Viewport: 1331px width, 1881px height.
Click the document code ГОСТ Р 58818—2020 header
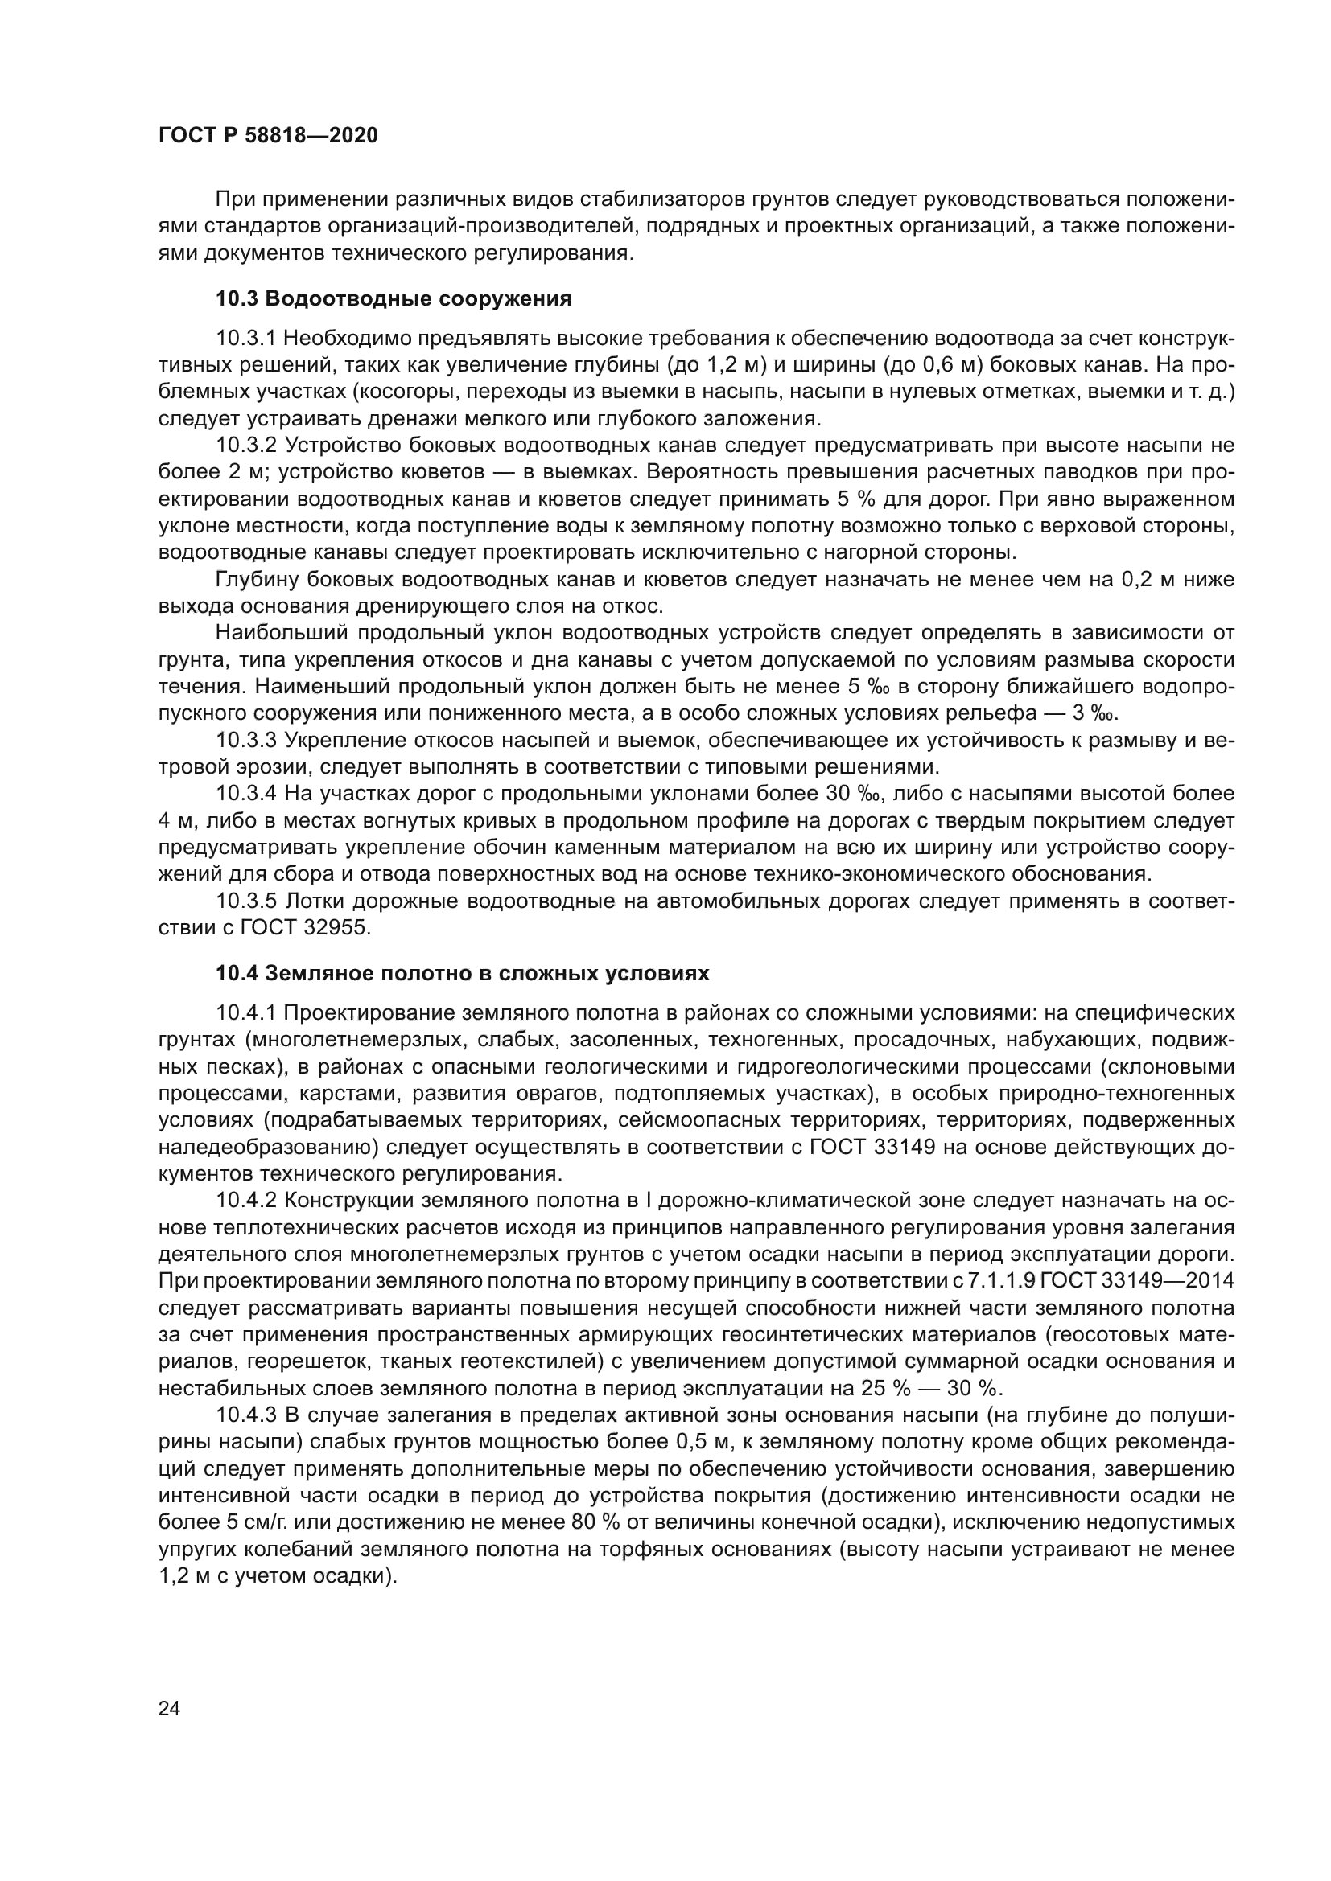pos(268,135)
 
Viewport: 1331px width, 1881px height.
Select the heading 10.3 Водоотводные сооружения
pos(394,299)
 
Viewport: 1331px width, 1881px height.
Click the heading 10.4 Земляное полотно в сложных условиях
pos(462,973)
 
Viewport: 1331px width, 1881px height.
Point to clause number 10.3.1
pos(246,339)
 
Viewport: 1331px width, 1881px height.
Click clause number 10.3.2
pos(246,446)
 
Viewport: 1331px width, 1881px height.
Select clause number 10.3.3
pos(246,741)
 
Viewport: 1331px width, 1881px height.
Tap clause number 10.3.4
pos(246,794)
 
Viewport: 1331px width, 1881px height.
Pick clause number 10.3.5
pos(246,901)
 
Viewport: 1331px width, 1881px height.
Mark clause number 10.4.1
pos(246,1013)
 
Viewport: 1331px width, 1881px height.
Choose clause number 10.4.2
pos(246,1201)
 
